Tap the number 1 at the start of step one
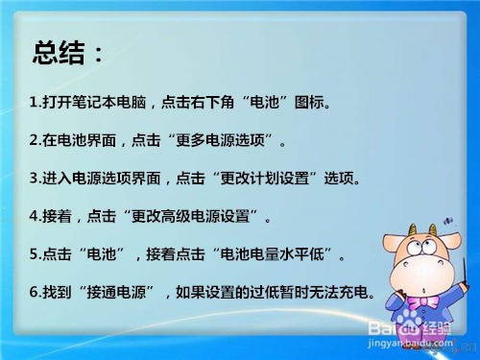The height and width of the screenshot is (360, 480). [34, 102]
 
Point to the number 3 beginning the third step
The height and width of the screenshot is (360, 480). [34, 179]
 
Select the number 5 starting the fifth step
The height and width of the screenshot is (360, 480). [34, 255]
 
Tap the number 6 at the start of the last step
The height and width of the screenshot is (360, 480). [34, 293]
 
